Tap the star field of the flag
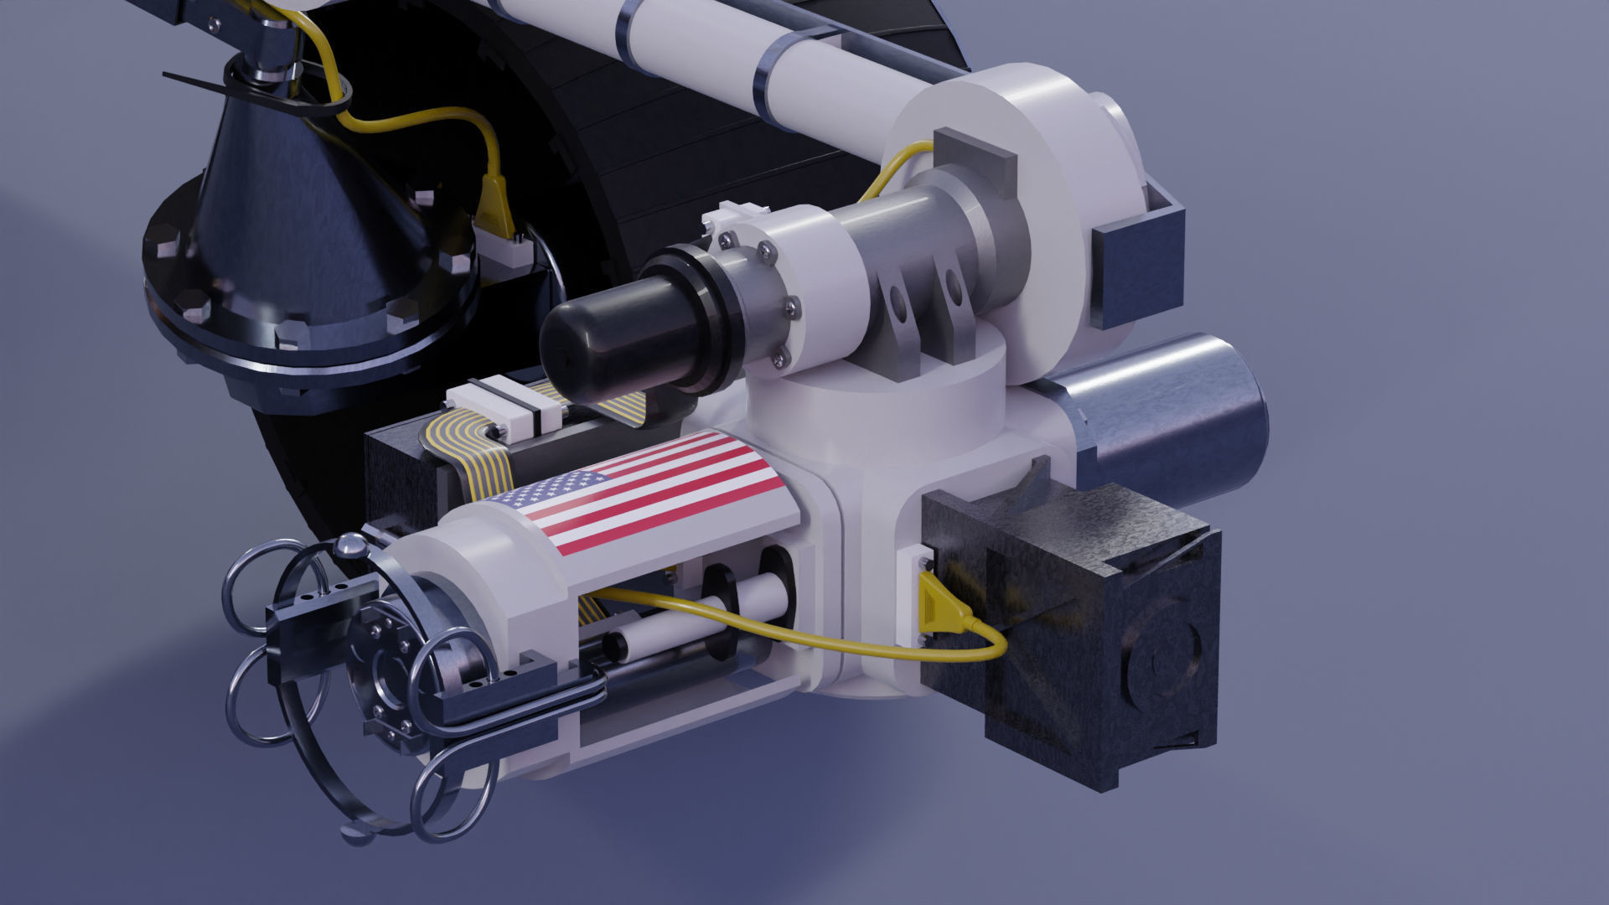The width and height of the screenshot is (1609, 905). tap(553, 489)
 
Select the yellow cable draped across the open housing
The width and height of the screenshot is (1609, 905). tap(754, 628)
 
